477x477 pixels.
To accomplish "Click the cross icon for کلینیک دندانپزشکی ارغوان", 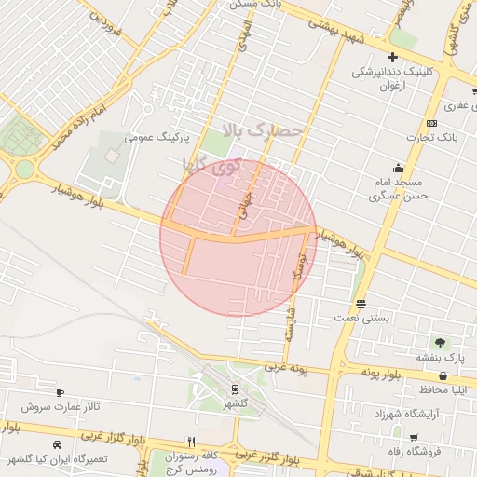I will [x=392, y=58].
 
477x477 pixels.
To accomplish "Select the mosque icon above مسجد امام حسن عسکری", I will [x=398, y=168].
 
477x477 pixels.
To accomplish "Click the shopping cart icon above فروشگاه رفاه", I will [x=411, y=436].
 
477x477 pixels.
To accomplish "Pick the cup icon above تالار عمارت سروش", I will [x=61, y=393].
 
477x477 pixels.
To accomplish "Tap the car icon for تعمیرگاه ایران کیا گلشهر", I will [x=58, y=444].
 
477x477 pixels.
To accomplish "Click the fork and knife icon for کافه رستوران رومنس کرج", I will [x=191, y=442].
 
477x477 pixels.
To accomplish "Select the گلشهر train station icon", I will [x=235, y=389].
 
